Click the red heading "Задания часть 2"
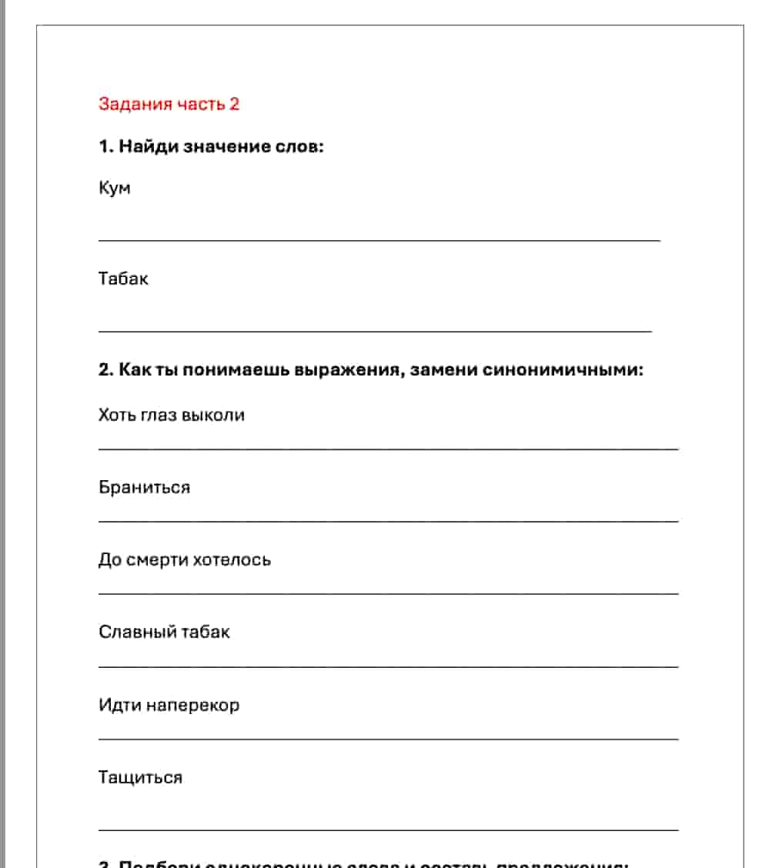tap(169, 104)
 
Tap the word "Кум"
tap(115, 188)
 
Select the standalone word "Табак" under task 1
tap(123, 279)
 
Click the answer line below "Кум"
tap(379, 241)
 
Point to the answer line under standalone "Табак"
tap(375, 332)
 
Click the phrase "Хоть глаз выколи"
tap(172, 415)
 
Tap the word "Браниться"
tap(144, 487)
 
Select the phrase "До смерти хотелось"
tap(185, 559)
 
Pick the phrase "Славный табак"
tap(164, 632)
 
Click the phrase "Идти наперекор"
tap(169, 705)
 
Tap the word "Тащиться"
tap(140, 777)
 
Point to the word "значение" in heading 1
tap(228, 146)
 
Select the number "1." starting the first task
tap(106, 146)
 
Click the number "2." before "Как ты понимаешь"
tap(106, 370)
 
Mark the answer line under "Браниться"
tap(388, 522)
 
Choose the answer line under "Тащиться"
tap(388, 830)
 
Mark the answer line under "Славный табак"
tap(388, 666)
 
